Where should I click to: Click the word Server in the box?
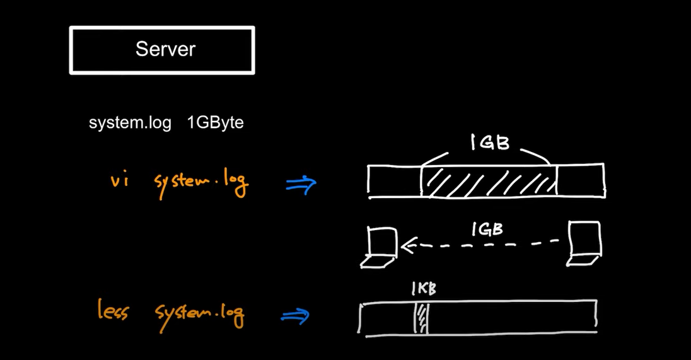coord(165,49)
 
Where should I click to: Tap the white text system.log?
coord(130,123)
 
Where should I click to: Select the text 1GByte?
coord(215,123)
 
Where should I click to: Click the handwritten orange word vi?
coord(119,182)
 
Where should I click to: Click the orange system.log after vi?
coord(201,183)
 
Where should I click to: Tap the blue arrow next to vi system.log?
coord(301,184)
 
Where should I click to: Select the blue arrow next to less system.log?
coord(294,316)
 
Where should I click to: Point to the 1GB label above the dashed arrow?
coord(487,229)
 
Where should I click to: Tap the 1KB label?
coord(424,289)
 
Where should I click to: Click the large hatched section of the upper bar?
coord(489,181)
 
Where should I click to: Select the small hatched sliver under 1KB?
coord(421,318)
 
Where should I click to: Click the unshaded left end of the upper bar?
coord(395,181)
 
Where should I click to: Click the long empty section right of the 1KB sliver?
coord(511,318)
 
